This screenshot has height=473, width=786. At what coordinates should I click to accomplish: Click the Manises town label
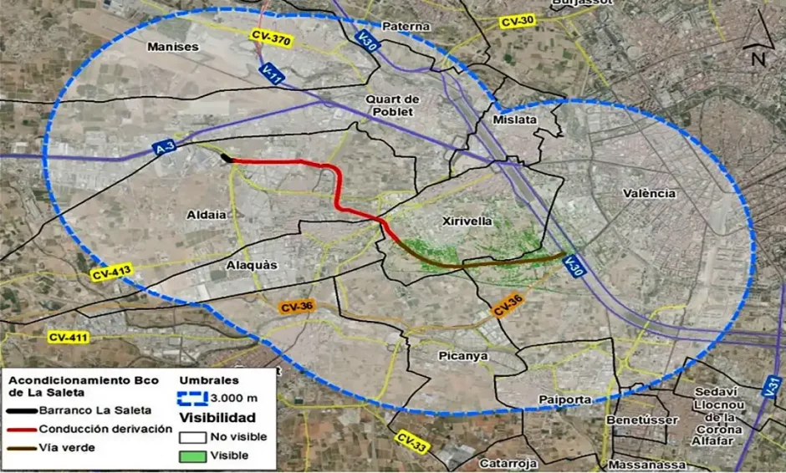tap(173, 47)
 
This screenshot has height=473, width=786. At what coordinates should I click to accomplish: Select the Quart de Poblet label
tap(392, 105)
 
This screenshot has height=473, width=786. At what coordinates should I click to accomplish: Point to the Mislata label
tap(515, 120)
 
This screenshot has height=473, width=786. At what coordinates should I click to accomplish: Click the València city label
tap(649, 193)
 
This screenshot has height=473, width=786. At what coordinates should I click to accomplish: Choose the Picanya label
tap(462, 356)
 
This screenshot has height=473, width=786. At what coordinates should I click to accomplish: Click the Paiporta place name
tap(565, 399)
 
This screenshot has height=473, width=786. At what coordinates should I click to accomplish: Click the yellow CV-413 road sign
tap(112, 272)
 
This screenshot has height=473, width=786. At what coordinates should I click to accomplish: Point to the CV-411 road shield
tap(68, 337)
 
